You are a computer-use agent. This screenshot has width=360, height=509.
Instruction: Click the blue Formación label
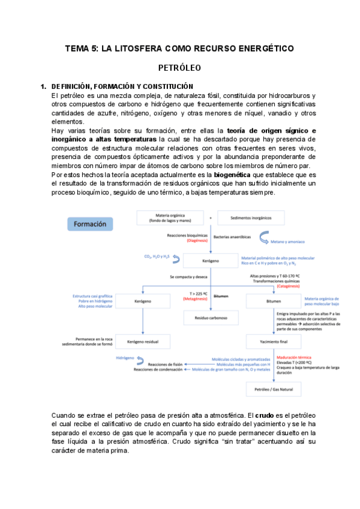click(x=91, y=224)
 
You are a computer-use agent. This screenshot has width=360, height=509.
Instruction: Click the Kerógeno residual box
click(x=143, y=341)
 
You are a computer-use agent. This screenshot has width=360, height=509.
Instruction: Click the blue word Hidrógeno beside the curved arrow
click(x=125, y=358)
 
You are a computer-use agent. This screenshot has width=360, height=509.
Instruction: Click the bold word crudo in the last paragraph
click(x=266, y=415)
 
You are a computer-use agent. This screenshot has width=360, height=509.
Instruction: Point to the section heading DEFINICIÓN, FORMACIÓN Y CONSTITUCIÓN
click(x=122, y=86)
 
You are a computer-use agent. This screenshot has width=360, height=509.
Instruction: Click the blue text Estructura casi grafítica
click(x=89, y=295)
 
